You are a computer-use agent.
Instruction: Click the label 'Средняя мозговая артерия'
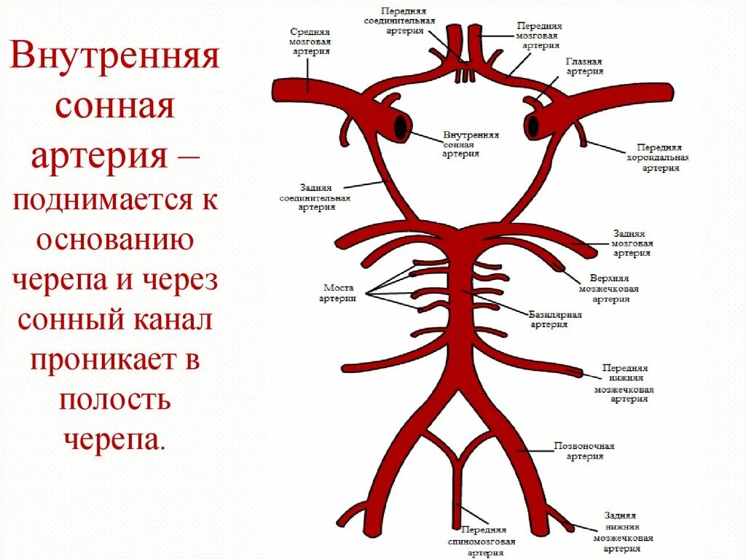(311, 42)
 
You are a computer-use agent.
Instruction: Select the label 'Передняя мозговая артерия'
(538, 34)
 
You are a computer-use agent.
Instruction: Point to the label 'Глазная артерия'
(585, 67)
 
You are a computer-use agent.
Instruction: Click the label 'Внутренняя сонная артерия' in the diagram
(471, 144)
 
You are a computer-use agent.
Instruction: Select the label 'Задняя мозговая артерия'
(632, 243)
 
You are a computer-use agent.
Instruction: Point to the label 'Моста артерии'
(338, 293)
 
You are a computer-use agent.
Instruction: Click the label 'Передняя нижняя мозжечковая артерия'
(625, 383)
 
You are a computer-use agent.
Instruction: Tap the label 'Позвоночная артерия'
(584, 450)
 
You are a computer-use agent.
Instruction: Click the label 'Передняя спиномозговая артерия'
(481, 542)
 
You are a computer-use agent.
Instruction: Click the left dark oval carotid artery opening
(401, 128)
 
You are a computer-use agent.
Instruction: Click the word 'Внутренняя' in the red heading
(114, 58)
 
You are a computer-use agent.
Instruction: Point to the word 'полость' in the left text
(114, 399)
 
